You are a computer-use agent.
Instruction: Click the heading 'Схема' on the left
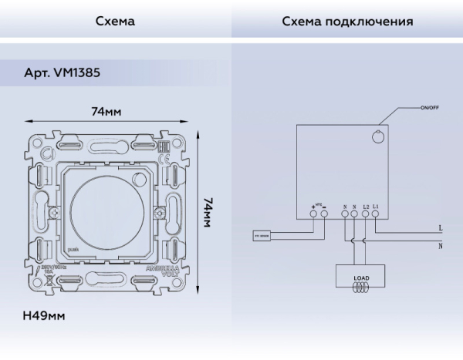tap(115, 21)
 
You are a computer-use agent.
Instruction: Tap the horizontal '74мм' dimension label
tap(109, 112)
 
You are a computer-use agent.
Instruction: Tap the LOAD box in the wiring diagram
tap(361, 276)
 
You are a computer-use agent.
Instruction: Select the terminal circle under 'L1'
tap(375, 215)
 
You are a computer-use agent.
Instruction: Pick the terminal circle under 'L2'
tap(364, 215)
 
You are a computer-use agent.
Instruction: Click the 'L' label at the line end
tap(439, 228)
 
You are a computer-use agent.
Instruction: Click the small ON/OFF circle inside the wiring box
tap(377, 136)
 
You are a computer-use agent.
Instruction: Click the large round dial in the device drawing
tap(108, 210)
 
